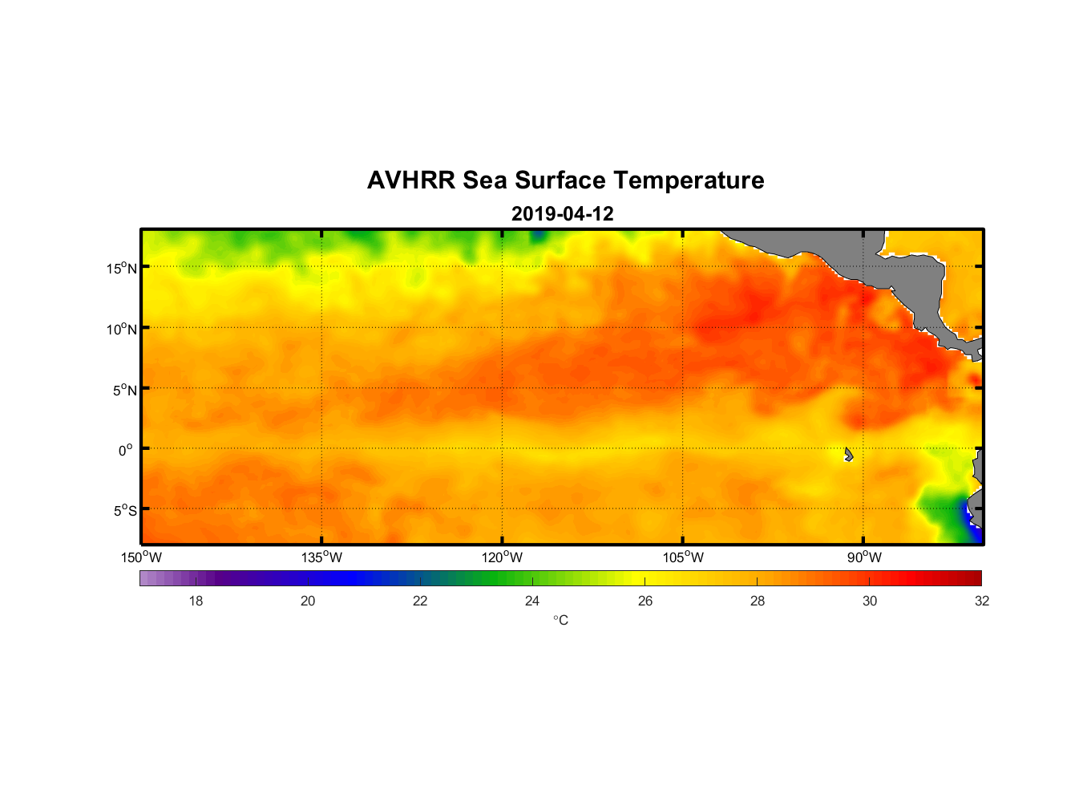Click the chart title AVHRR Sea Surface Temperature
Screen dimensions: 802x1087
(x=565, y=180)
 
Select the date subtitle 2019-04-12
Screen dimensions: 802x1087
(x=562, y=214)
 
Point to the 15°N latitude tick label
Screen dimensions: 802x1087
(x=122, y=268)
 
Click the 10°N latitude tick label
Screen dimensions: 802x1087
(x=122, y=329)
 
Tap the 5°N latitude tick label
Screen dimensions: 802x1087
(x=122, y=390)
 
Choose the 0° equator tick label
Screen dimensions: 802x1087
(x=125, y=450)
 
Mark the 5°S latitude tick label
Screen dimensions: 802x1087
(x=122, y=511)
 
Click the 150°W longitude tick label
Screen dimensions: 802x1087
(x=141, y=557)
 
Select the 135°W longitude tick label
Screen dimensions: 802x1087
(x=321, y=557)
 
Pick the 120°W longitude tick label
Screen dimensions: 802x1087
(x=502, y=557)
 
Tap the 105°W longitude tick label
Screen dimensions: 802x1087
(x=683, y=557)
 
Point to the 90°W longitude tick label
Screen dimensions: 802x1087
(x=864, y=557)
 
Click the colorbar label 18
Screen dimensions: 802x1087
(x=196, y=601)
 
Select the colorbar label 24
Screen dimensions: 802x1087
(x=532, y=601)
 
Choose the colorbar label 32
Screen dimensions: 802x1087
(x=982, y=601)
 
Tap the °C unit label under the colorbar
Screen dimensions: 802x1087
(x=560, y=620)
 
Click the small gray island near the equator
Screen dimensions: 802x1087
(x=848, y=455)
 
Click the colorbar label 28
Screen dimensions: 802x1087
(x=758, y=601)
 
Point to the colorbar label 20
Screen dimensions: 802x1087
(x=308, y=601)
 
